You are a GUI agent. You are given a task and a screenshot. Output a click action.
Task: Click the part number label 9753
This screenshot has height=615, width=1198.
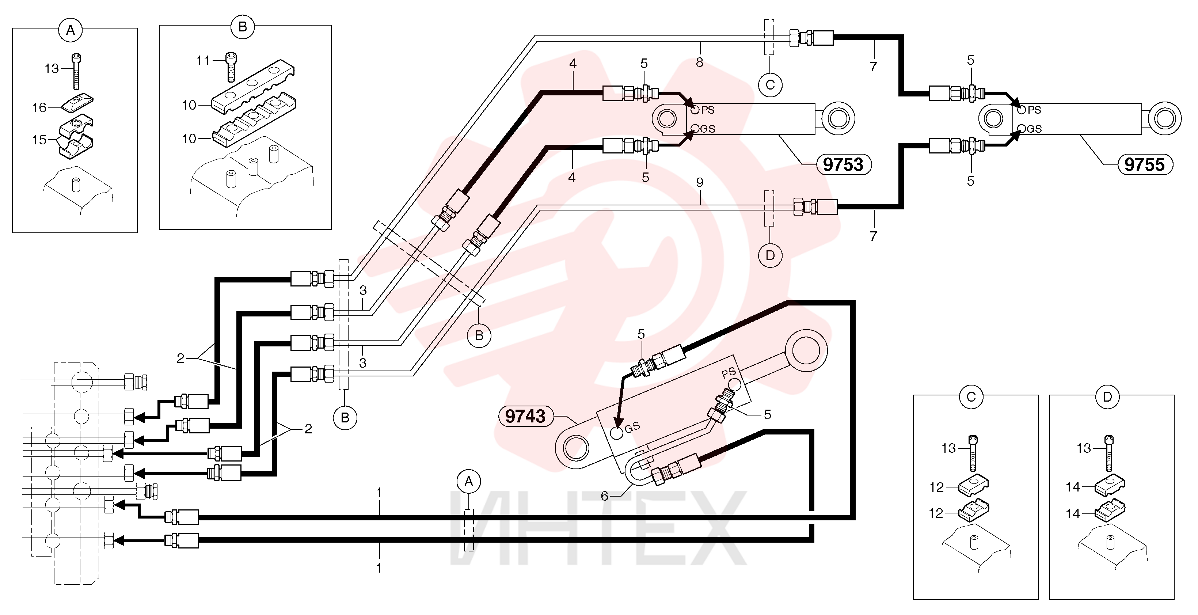pos(843,165)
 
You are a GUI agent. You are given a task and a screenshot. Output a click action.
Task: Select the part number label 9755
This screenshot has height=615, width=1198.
pos(1145,165)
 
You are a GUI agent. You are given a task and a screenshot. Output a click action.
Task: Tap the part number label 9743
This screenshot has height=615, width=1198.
pos(525,416)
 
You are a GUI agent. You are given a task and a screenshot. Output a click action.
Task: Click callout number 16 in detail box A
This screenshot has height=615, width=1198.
pos(39,108)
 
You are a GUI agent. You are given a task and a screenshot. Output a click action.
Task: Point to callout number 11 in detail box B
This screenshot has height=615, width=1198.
pos(203,60)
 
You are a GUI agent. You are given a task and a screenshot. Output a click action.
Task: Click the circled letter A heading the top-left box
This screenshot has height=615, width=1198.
pos(70,30)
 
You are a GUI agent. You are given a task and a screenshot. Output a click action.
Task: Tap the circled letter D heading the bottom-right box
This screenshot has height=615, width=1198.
pos(1107,397)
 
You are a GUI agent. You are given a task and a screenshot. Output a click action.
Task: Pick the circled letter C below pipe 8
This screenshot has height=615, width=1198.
pos(770,85)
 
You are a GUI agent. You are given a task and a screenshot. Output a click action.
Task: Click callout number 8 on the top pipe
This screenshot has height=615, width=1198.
pos(699,62)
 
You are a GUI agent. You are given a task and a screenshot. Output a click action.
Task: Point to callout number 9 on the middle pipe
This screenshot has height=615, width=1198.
pos(700,182)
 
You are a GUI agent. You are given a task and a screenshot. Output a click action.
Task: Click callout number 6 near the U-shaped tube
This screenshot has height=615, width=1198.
pos(604,496)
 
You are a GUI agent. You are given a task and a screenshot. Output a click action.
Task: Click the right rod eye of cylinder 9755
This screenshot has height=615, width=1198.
pos(1164,119)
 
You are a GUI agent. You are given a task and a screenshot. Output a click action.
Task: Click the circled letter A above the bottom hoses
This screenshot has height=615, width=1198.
pos(469,482)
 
